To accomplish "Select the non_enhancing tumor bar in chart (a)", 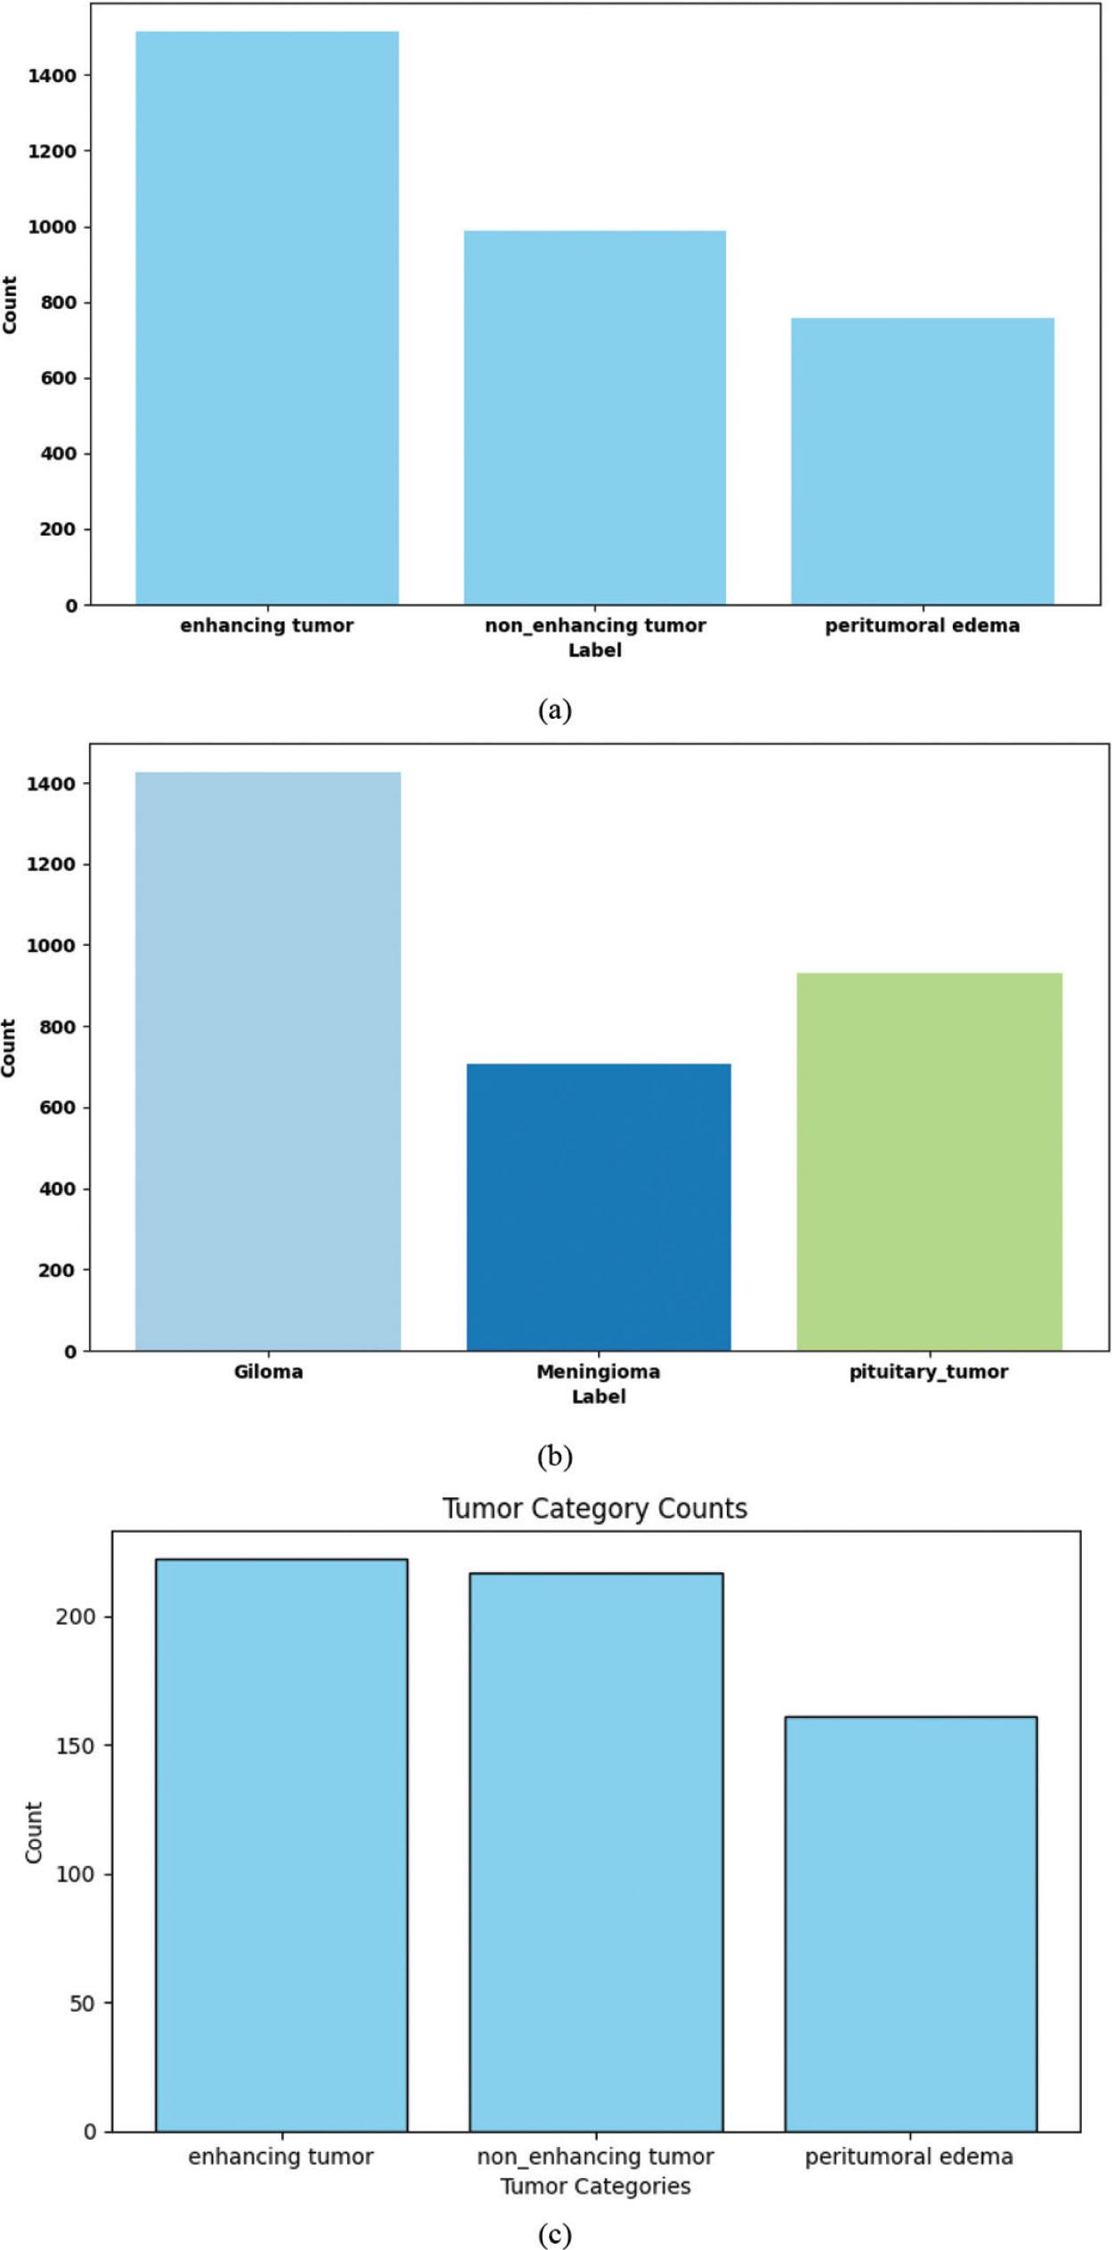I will pyautogui.click(x=594, y=417).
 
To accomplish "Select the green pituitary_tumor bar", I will pyautogui.click(x=929, y=1161).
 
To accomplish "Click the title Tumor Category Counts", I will pyautogui.click(x=595, y=1508).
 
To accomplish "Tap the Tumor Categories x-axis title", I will pyautogui.click(x=595, y=2185).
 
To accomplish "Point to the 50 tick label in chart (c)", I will pyautogui.click(x=82, y=2003).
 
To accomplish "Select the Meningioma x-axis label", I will pyautogui.click(x=598, y=1371).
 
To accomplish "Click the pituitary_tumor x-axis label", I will pyautogui.click(x=929, y=1371).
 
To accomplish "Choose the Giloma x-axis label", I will pyautogui.click(x=268, y=1371).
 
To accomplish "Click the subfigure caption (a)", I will pyautogui.click(x=555, y=710).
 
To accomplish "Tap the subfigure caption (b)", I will pyautogui.click(x=555, y=1456).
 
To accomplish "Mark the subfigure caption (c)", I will pyautogui.click(x=555, y=2234).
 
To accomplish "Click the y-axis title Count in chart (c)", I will pyautogui.click(x=34, y=1833).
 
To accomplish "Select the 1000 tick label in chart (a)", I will pyautogui.click(x=52, y=227).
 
